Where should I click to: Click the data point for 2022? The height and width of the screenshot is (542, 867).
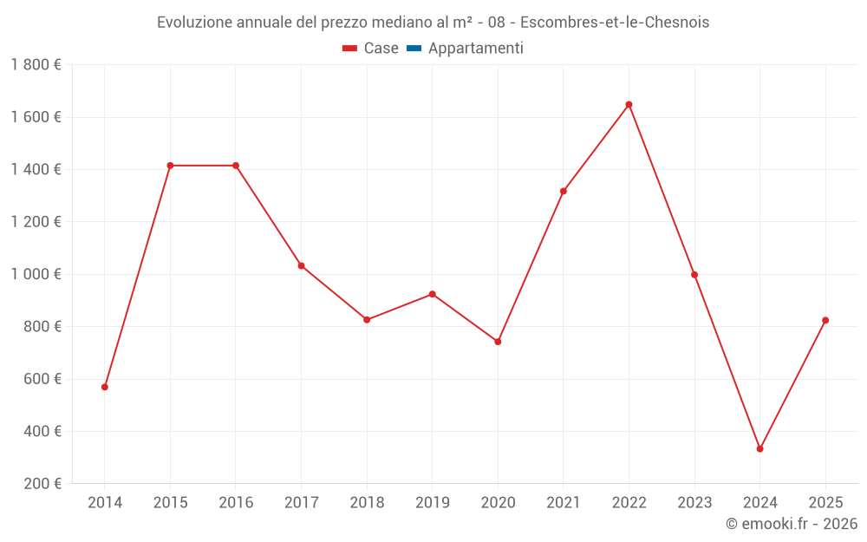[629, 105]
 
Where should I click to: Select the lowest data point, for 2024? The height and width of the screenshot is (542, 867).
[759, 449]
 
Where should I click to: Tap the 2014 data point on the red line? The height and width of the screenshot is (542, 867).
[105, 387]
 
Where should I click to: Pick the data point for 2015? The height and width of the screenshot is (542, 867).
[170, 166]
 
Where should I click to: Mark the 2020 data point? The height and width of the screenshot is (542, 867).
[498, 342]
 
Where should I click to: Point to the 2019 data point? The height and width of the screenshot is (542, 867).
[433, 294]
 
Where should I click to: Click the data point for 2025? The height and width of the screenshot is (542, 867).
[825, 321]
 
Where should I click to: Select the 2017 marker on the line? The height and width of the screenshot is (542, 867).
[301, 265]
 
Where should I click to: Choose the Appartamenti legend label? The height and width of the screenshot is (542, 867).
[475, 49]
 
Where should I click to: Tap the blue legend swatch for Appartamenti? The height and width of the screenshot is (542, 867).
[414, 49]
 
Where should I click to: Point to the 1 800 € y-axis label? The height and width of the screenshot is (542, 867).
[36, 65]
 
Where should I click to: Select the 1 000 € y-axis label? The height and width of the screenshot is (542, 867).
[36, 274]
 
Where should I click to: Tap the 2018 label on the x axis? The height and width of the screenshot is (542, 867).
[367, 503]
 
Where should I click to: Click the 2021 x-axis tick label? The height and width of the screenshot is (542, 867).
[564, 503]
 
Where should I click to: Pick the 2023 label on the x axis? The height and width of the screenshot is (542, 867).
[694, 503]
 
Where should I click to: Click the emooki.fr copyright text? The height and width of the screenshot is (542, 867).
[792, 524]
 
